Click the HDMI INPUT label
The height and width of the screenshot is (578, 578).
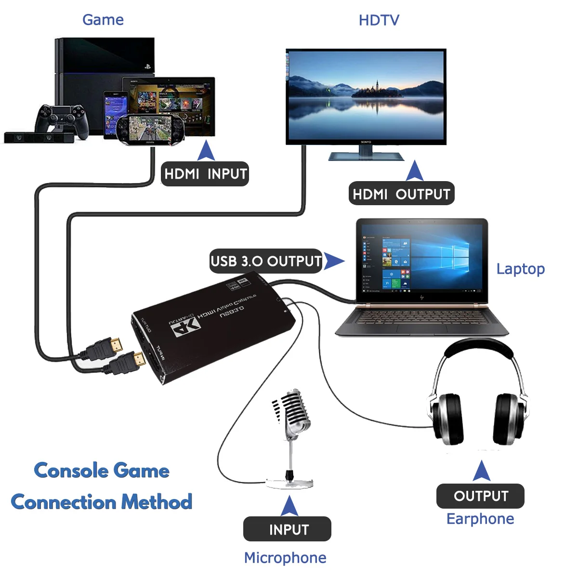click(x=205, y=174)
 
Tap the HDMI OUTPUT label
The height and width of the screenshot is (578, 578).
click(x=401, y=194)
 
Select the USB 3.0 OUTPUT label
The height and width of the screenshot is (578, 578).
click(x=266, y=261)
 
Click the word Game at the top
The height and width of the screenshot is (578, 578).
click(x=103, y=20)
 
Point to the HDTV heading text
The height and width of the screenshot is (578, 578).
click(x=379, y=20)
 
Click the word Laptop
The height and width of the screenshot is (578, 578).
click(x=520, y=269)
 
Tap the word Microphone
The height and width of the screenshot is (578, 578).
click(x=285, y=558)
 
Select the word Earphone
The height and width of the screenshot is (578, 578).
click(x=480, y=519)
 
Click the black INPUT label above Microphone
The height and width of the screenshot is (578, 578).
click(x=288, y=529)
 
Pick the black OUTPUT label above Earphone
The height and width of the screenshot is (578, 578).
click(x=480, y=496)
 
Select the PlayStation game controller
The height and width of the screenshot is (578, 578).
click(x=62, y=118)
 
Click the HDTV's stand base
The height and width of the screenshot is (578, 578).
click(x=366, y=156)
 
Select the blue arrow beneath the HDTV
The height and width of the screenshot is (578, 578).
click(x=414, y=171)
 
